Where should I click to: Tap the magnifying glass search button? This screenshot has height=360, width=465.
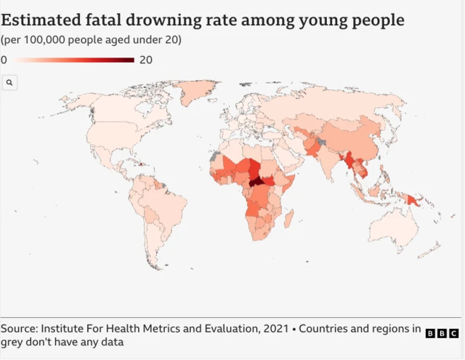pos(9,83)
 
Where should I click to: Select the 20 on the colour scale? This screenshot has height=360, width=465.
pos(145,60)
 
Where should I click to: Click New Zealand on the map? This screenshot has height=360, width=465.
pos(434,251)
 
